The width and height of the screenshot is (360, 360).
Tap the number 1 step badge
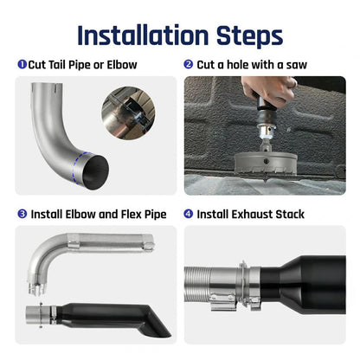(22, 64)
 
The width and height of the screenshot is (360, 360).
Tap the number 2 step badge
(188, 64)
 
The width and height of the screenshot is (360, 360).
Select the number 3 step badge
(22, 214)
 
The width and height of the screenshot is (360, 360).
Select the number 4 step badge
(188, 214)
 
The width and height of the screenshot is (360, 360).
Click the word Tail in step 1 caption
(61, 64)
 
